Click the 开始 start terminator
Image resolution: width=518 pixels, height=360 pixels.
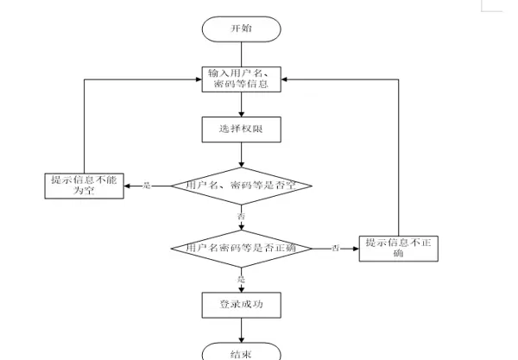(x=242, y=28)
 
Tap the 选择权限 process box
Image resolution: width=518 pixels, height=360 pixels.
(x=242, y=129)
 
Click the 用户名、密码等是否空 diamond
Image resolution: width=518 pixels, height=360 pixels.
(x=242, y=185)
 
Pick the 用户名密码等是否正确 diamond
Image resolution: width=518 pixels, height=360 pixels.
(x=242, y=248)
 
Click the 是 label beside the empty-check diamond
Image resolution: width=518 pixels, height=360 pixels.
(x=146, y=186)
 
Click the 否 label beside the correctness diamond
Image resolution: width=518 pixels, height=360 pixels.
(x=335, y=249)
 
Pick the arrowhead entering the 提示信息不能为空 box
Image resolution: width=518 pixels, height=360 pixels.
(x=127, y=186)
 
